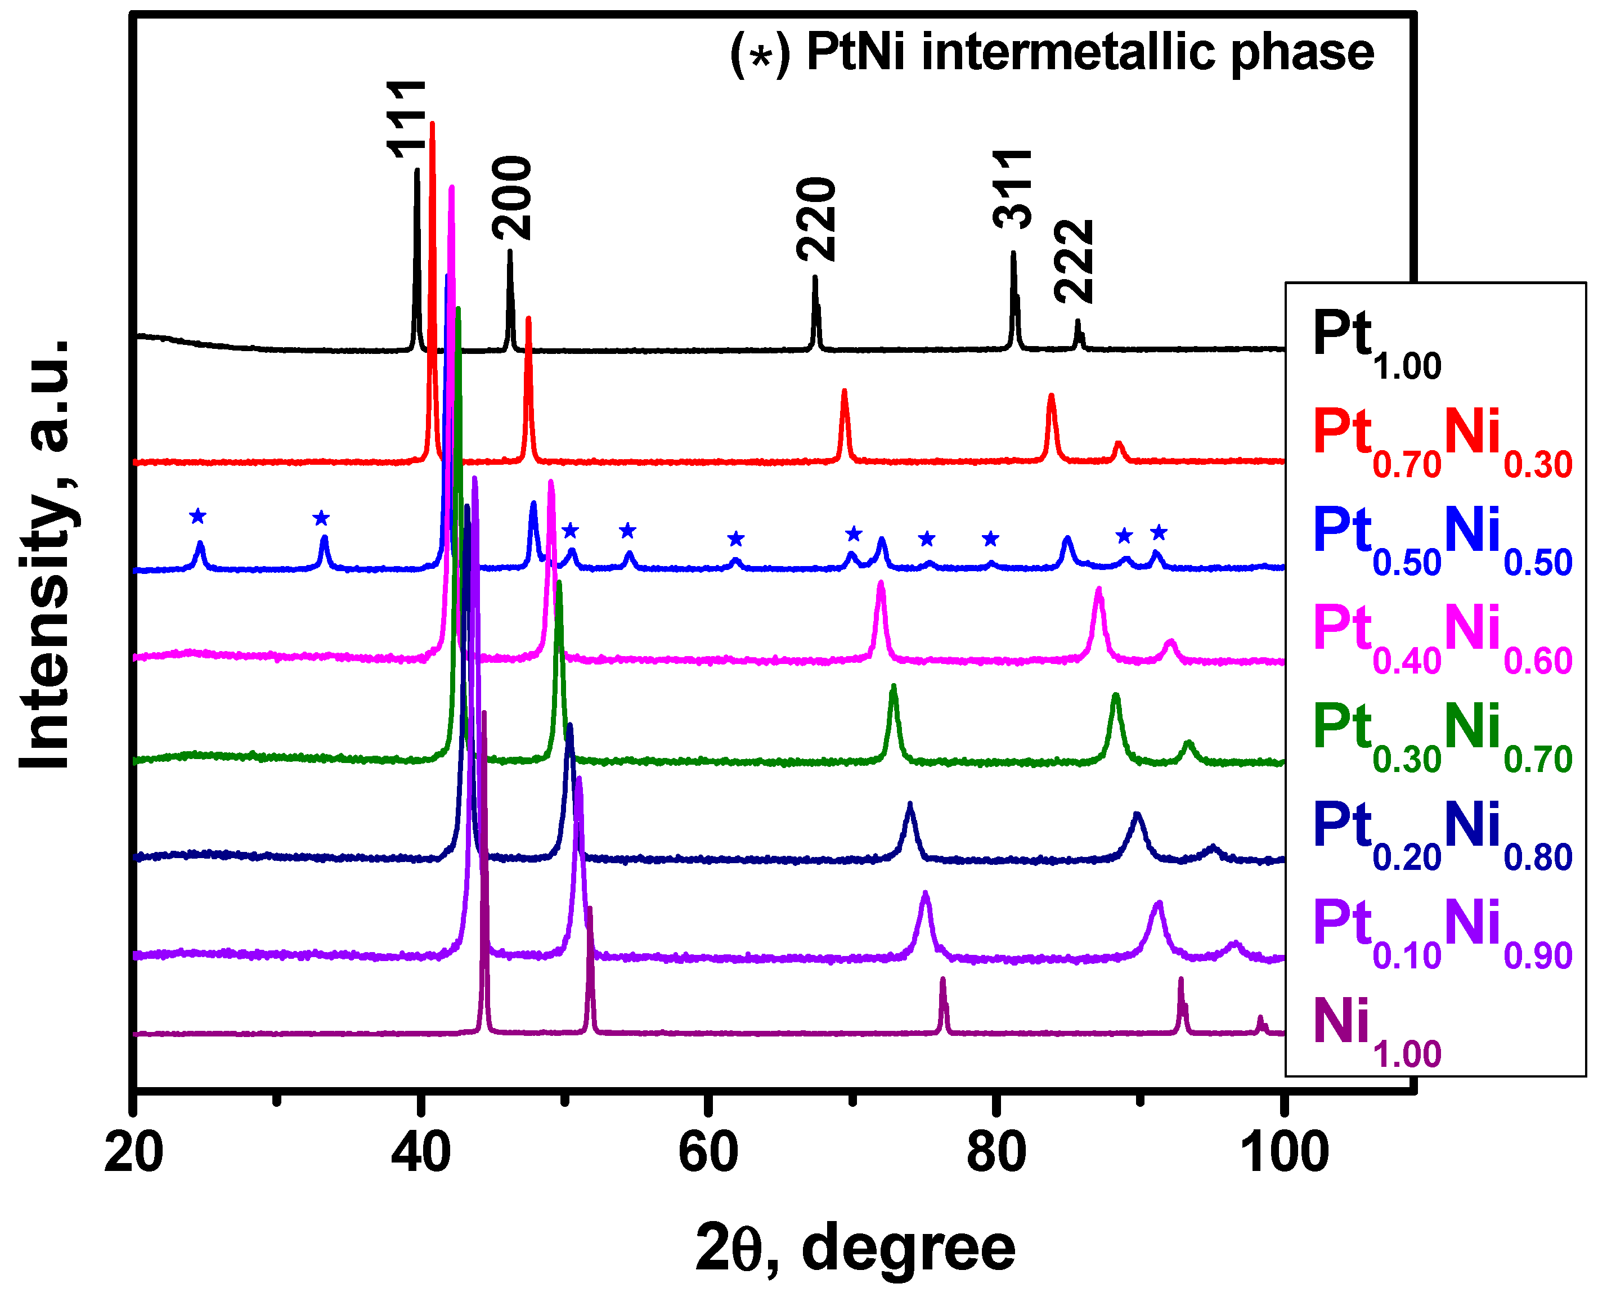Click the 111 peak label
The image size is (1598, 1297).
407,119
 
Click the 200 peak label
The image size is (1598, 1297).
513,198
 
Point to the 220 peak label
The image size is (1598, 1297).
816,219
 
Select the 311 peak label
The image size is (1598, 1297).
1012,189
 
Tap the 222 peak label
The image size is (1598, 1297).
1074,262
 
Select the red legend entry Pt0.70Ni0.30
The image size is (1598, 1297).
1442,441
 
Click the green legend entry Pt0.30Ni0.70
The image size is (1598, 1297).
1442,736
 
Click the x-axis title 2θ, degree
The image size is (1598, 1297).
855,1247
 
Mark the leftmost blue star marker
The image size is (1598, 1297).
198,515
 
